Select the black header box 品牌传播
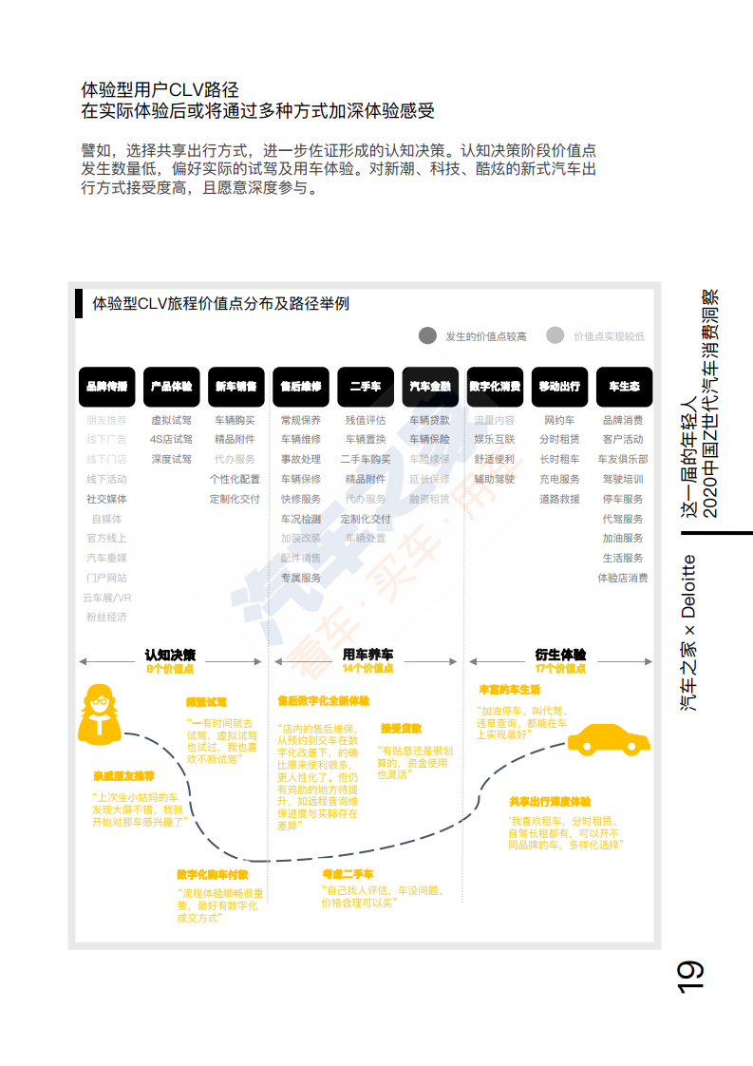tap(106, 387)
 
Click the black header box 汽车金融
tap(430, 387)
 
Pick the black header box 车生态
tap(624, 387)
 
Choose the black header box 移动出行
tap(559, 387)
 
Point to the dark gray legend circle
tap(428, 335)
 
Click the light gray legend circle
tap(556, 335)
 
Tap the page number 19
tap(690, 977)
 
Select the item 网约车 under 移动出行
tap(559, 420)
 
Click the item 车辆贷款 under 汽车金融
tap(430, 420)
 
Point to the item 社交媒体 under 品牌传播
tap(106, 499)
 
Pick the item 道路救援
tap(559, 499)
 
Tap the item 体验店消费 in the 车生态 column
tap(623, 578)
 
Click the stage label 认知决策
tap(171, 655)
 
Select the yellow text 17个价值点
tap(560, 669)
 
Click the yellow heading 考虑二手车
tap(348, 873)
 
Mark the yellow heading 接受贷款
tap(401, 729)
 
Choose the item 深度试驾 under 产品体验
tap(171, 459)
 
